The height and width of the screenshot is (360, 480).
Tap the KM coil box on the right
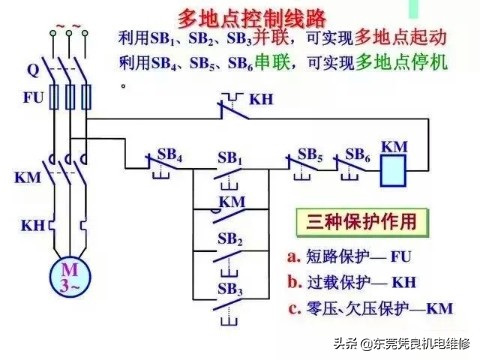click(x=395, y=172)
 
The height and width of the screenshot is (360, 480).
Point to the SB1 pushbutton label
click(x=230, y=158)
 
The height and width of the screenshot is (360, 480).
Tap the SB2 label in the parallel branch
click(x=230, y=240)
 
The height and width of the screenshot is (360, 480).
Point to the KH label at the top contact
click(x=261, y=100)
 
